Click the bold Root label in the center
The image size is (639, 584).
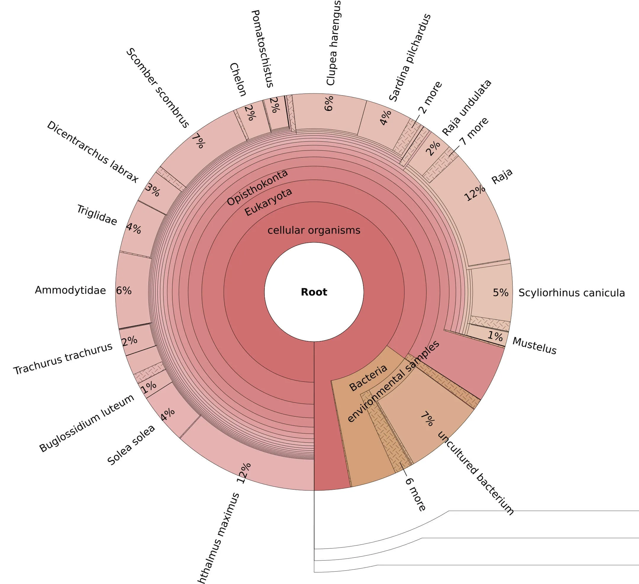[x=314, y=292]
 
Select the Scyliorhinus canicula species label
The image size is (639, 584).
[x=572, y=293]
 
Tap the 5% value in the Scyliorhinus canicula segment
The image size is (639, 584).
[x=501, y=292]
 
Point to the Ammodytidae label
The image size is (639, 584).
[x=70, y=290]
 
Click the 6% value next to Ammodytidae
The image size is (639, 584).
[x=124, y=291]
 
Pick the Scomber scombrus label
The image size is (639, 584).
[x=157, y=88]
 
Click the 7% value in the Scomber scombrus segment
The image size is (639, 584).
[x=199, y=141]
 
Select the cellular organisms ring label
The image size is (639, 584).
[x=314, y=230]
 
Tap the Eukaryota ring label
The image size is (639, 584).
[x=268, y=202]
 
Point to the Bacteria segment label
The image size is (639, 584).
[x=368, y=378]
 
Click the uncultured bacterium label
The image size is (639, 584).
[x=475, y=473]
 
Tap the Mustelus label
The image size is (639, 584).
[x=534, y=346]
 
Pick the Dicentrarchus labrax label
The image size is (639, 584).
[x=93, y=152]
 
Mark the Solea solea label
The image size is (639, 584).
[x=131, y=445]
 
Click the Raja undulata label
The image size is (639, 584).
[x=467, y=108]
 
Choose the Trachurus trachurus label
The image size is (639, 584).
[x=63, y=359]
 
